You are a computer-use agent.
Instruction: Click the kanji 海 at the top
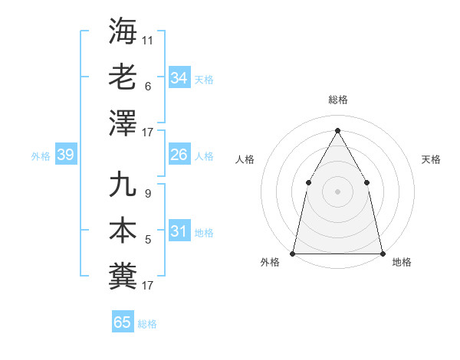[x=123, y=32]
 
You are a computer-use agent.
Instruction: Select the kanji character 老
[x=123, y=77]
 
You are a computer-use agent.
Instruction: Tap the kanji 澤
[x=123, y=123]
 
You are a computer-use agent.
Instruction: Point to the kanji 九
[x=123, y=185]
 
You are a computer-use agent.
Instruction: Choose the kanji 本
[x=123, y=231]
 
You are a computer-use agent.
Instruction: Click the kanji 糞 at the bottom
[x=123, y=276]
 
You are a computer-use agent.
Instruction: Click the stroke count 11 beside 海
[x=148, y=40]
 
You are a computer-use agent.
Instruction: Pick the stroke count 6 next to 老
[x=147, y=86]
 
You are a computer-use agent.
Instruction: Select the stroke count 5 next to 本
[x=147, y=240]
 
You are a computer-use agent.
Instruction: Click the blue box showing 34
[x=179, y=78]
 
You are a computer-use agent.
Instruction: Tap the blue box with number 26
[x=179, y=155]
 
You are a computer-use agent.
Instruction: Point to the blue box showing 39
[x=66, y=155]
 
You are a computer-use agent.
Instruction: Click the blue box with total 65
[x=123, y=322]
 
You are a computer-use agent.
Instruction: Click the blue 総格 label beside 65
[x=147, y=324]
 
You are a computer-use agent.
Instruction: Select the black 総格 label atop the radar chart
[x=337, y=100]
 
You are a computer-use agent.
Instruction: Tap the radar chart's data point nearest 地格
[x=382, y=253]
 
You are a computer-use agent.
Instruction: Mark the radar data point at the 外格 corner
[x=293, y=253]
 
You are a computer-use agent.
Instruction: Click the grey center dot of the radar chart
[x=337, y=191]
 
